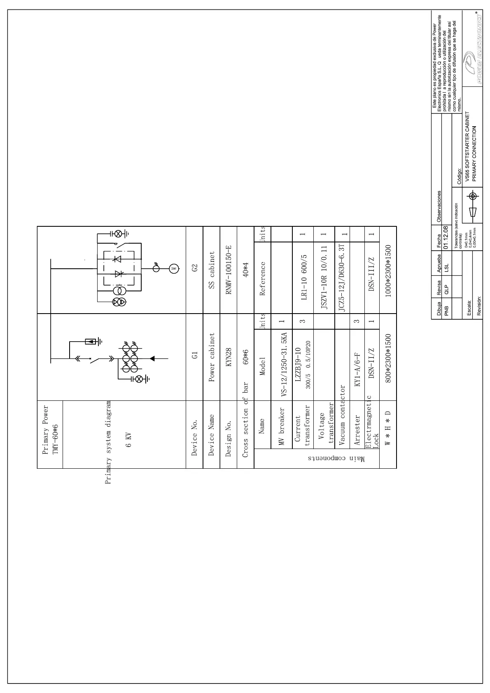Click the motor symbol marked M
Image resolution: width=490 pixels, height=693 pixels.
(174, 269)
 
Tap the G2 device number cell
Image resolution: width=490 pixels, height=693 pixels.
(195, 268)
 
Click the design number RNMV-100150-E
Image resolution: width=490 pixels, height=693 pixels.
(229, 270)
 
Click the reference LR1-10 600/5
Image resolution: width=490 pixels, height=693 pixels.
(303, 277)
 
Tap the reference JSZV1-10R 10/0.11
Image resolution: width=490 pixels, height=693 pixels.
(324, 277)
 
